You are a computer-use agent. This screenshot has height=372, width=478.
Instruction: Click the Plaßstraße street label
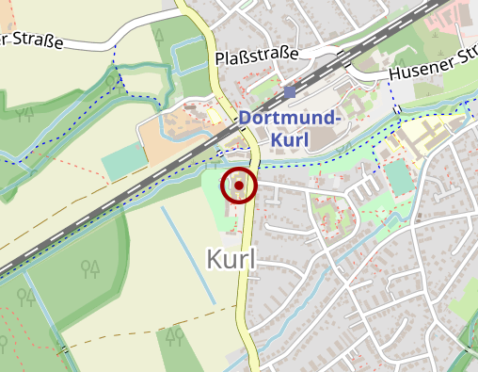pos(257,57)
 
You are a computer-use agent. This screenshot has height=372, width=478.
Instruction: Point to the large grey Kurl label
pos(231,259)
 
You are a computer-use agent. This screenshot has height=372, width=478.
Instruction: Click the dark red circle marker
pos(239,186)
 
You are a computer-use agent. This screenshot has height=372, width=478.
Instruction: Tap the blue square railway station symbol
pos(289,92)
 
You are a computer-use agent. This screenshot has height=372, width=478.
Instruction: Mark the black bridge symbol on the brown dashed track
pos(65,349)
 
